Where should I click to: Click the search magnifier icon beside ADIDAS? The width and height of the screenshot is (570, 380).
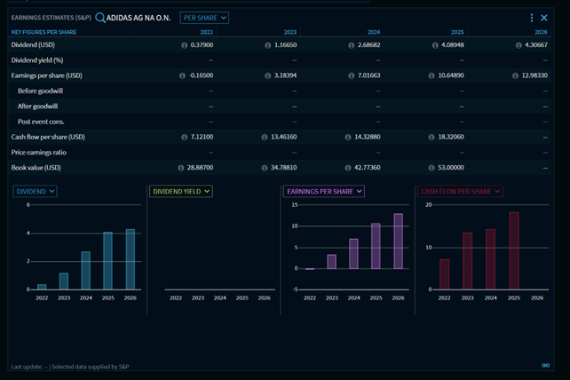(100, 18)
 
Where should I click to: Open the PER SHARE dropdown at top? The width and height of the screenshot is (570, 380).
(204, 18)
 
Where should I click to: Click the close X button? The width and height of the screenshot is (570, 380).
(544, 18)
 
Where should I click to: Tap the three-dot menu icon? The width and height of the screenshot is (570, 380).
(532, 18)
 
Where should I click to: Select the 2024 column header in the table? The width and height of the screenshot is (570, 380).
(374, 32)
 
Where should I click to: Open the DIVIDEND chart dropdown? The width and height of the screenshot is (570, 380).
(36, 191)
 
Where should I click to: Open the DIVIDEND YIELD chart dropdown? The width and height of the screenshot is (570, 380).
(181, 191)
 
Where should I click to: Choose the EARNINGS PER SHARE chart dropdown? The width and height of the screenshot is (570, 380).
(324, 191)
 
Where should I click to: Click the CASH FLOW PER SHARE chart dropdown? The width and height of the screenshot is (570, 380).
(460, 191)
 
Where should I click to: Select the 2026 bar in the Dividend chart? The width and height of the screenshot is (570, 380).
(131, 259)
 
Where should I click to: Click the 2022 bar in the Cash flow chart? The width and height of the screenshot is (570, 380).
(444, 274)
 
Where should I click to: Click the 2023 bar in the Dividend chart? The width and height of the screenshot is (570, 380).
(64, 281)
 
